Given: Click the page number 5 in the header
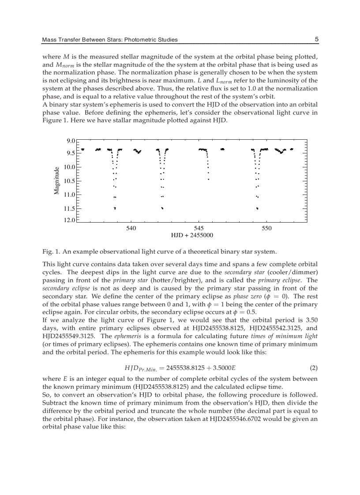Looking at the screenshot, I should coord(316,39).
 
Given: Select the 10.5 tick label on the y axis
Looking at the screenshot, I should coord(69,181).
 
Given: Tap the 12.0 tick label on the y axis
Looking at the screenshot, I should coord(69,220).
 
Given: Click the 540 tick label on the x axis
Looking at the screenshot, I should coord(131,228).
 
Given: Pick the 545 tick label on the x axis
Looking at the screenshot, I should coord(199,228).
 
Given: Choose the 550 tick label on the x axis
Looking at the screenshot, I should coord(266,228).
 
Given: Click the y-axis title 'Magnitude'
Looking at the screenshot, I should coord(56,180).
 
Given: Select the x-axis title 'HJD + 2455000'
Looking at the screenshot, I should coord(192,235).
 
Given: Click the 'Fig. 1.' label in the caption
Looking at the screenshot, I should coord(51,252).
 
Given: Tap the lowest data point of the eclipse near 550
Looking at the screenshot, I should coord(257,208).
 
